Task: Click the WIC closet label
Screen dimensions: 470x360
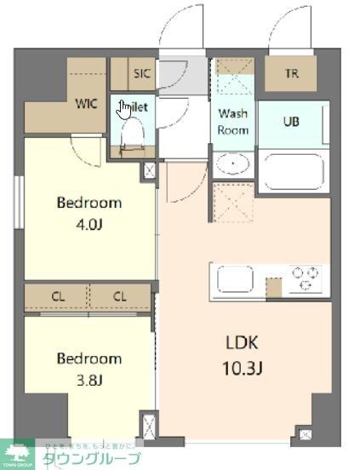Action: click(86, 104)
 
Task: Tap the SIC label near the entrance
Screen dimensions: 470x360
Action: click(141, 74)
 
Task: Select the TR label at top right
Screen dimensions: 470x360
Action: click(292, 74)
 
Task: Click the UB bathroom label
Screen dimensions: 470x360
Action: click(291, 122)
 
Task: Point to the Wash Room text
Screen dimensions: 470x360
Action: click(233, 122)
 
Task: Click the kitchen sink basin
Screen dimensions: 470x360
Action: click(231, 279)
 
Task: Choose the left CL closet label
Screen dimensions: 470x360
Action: click(58, 297)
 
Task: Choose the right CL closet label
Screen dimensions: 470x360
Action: click(120, 297)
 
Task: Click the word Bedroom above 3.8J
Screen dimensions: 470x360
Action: click(89, 358)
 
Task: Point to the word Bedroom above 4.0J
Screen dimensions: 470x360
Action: click(89, 203)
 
